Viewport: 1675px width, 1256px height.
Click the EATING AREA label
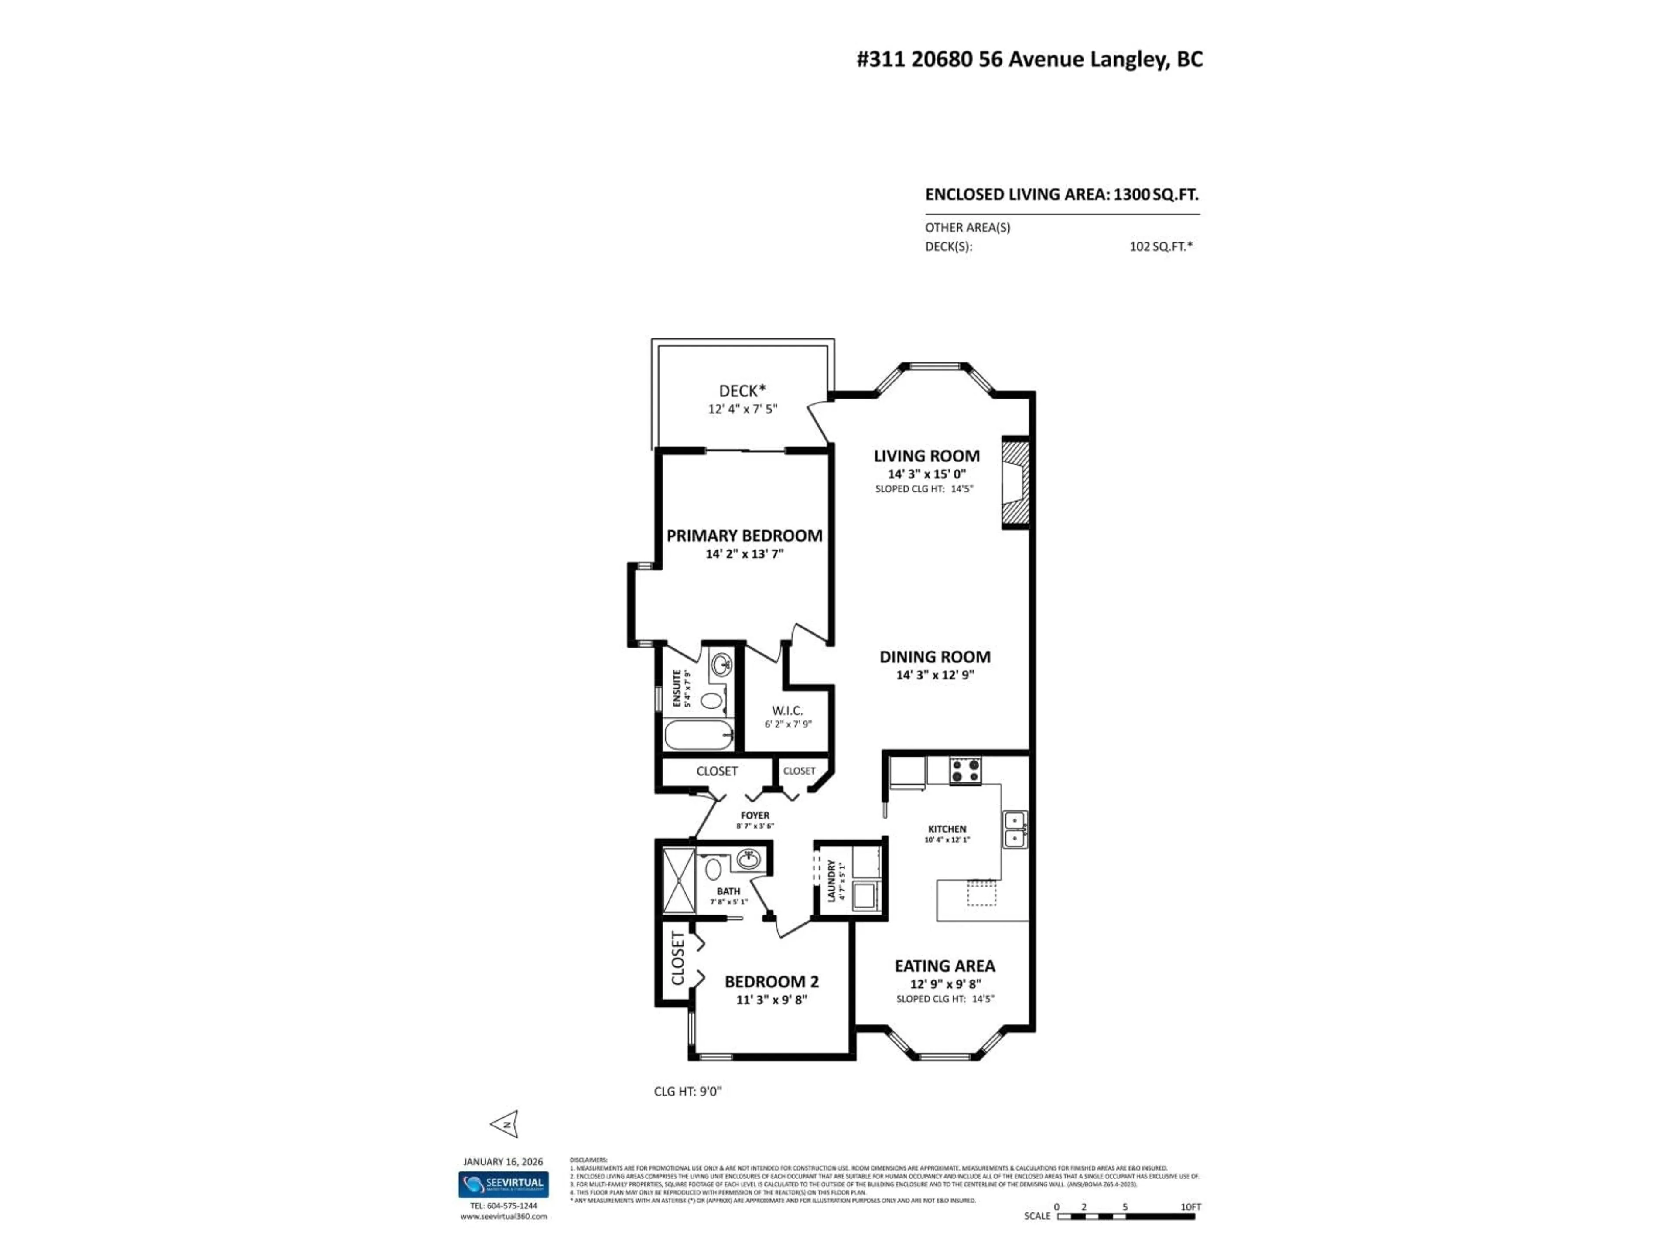click(x=944, y=966)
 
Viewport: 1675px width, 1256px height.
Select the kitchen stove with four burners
click(x=965, y=771)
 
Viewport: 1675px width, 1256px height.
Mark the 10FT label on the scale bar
click(x=1190, y=1207)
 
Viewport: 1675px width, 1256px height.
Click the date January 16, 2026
click(x=503, y=1161)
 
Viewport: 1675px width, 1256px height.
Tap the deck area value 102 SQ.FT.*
click(x=1160, y=246)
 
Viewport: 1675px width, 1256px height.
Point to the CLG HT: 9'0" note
click(x=687, y=1091)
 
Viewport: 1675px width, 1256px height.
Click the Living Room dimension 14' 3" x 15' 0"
click(x=927, y=474)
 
